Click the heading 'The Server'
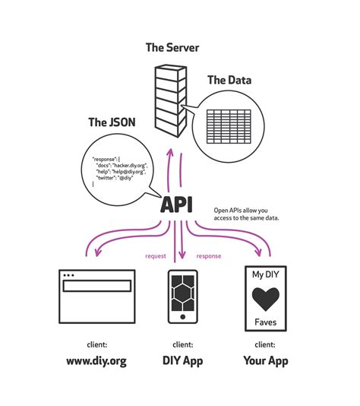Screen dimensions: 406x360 pyautogui.click(x=172, y=48)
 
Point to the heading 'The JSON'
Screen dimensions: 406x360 pyautogui.click(x=112, y=122)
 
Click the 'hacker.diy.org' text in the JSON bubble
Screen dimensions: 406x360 pyautogui.click(x=129, y=165)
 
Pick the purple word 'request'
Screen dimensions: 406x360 pyautogui.click(x=156, y=256)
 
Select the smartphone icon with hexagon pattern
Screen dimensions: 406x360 pyautogui.click(x=180, y=300)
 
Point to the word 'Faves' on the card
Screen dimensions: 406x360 pyautogui.click(x=265, y=322)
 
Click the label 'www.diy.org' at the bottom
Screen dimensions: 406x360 pyautogui.click(x=96, y=360)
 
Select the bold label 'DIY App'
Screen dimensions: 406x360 pyautogui.click(x=181, y=360)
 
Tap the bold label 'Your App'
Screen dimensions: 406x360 pyautogui.click(x=265, y=360)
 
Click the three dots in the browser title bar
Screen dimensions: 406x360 pyautogui.click(x=70, y=274)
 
